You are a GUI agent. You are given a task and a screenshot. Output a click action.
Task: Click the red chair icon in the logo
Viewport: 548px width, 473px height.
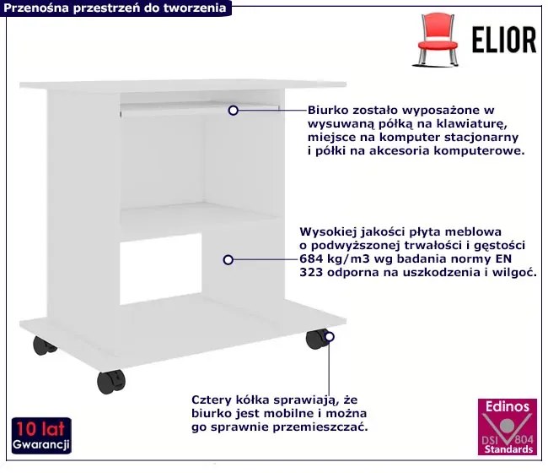pyautogui.click(x=438, y=40)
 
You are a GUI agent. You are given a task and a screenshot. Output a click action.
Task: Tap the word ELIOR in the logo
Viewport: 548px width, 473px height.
pyautogui.click(x=504, y=41)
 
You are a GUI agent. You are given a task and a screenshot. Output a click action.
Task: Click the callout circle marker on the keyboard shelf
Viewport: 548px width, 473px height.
pyautogui.click(x=233, y=111)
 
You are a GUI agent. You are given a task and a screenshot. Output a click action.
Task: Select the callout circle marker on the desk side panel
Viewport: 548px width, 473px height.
pyautogui.click(x=228, y=260)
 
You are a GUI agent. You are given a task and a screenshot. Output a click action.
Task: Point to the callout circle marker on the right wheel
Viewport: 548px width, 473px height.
pyautogui.click(x=329, y=337)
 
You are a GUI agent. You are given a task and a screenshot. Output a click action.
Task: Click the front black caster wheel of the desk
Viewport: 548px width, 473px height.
pyautogui.click(x=110, y=382)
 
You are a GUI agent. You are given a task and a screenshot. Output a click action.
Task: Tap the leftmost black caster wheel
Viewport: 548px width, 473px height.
pyautogui.click(x=44, y=345)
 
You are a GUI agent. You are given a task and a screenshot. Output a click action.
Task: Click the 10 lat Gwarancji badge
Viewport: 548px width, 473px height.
pyautogui.click(x=41, y=436)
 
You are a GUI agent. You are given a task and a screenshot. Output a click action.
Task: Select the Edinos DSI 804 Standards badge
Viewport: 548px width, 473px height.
pyautogui.click(x=507, y=427)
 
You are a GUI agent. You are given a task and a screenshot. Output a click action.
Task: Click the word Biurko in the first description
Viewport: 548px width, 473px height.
pyautogui.click(x=328, y=111)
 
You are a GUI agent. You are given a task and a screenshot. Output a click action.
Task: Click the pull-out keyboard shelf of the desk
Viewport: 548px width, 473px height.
pyautogui.click(x=200, y=107)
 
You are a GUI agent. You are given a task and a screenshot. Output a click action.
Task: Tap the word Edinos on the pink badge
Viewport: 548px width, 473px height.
pyautogui.click(x=508, y=406)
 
